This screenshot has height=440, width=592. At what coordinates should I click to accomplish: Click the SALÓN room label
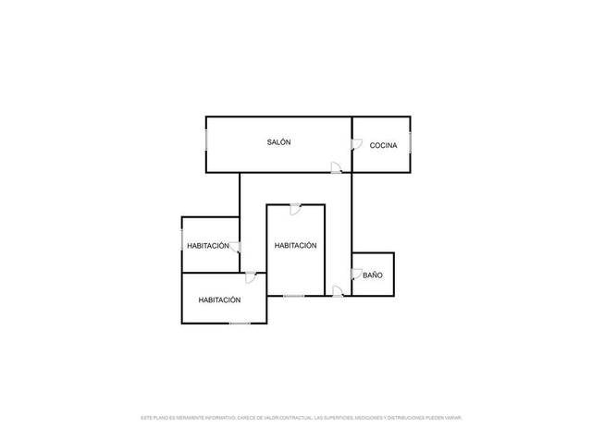pyautogui.click(x=278, y=142)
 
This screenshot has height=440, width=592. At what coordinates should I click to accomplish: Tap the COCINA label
pyautogui.click(x=383, y=146)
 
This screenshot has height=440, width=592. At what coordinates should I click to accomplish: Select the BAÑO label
pyautogui.click(x=372, y=275)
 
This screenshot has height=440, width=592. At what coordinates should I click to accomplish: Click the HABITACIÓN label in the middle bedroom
pyautogui.click(x=295, y=246)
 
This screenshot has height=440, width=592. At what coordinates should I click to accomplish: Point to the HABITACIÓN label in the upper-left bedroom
pyautogui.click(x=207, y=246)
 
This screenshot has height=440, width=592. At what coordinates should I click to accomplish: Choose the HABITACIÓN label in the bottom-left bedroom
pyautogui.click(x=219, y=299)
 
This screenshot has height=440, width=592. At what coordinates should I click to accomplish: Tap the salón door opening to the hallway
pyautogui.click(x=337, y=167)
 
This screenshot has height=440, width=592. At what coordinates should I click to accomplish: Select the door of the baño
pyautogui.click(x=356, y=274)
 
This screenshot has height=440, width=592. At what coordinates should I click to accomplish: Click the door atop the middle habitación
pyautogui.click(x=294, y=209)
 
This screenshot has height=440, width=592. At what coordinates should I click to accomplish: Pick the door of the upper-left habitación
pyautogui.click(x=236, y=247)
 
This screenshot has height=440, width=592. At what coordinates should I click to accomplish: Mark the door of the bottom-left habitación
pyautogui.click(x=251, y=276)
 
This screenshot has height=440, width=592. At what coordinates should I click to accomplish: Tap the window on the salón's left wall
pyautogui.click(x=206, y=144)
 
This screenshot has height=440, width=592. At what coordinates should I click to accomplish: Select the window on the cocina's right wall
pyautogui.click(x=411, y=144)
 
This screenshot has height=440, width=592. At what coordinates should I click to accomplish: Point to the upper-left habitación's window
pyautogui.click(x=182, y=244)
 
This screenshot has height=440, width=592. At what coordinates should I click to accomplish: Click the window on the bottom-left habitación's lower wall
pyautogui.click(x=240, y=323)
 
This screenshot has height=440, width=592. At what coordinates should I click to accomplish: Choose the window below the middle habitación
pyautogui.click(x=294, y=296)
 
